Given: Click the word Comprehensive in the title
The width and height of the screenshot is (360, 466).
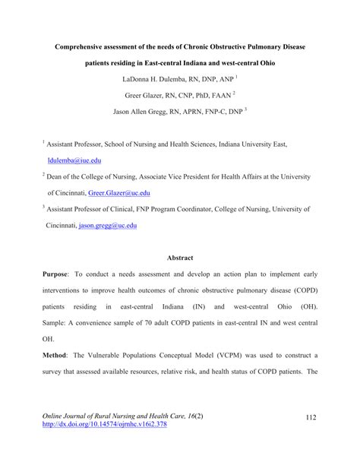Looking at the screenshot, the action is pyautogui.click(x=82, y=47).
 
